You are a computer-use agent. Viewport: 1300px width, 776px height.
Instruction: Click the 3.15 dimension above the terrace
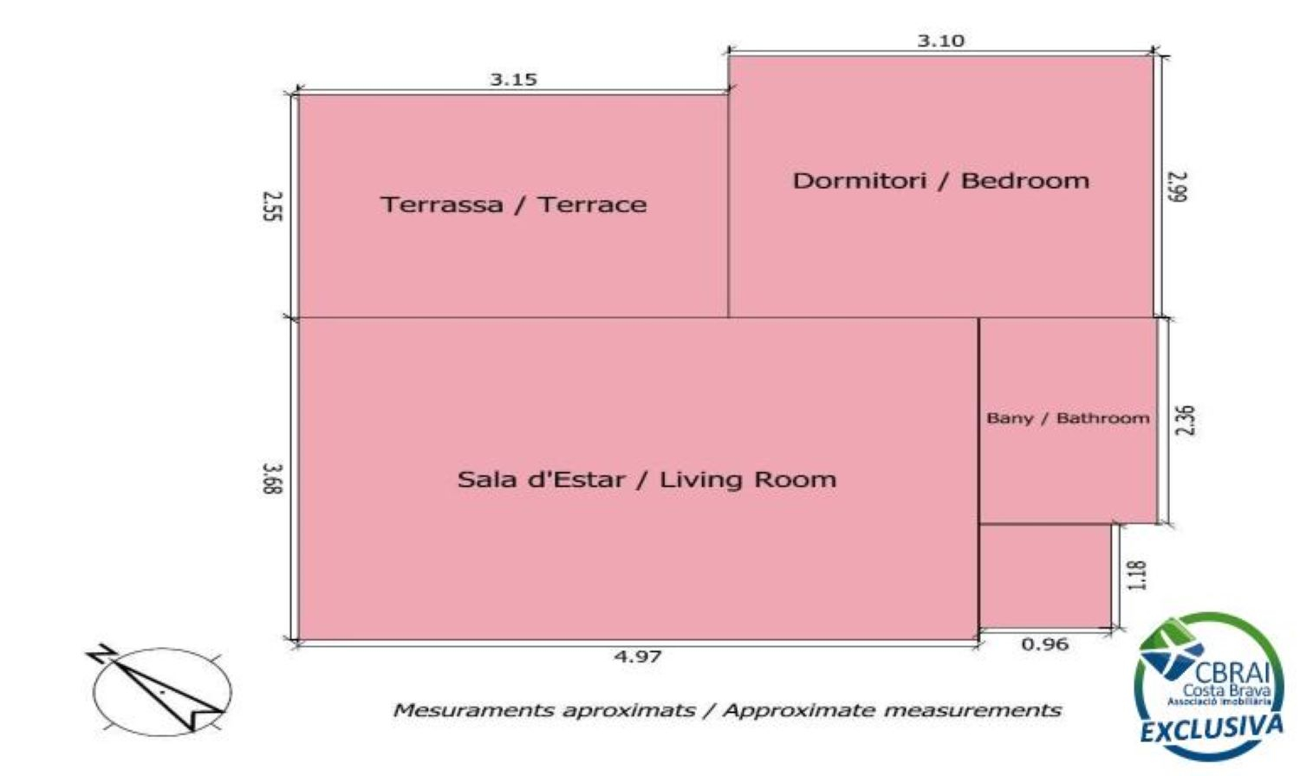[x=514, y=79]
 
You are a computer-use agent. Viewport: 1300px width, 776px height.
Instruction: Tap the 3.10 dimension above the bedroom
[x=940, y=41]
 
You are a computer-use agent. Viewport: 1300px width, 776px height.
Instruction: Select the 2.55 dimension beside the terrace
[x=272, y=206]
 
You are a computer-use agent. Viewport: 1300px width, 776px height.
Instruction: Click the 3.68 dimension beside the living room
[x=272, y=478]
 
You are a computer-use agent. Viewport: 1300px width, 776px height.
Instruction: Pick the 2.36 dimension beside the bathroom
[x=1185, y=420]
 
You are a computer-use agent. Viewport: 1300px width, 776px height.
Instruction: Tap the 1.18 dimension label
[x=1137, y=575]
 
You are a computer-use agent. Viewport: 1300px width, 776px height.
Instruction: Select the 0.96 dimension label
[x=1044, y=644]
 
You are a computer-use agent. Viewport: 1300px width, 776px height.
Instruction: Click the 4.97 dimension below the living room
[x=638, y=656]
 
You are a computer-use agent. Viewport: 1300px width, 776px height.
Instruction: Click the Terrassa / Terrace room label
[x=514, y=204]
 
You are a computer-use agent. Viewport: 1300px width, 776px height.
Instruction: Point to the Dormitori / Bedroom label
[x=940, y=180]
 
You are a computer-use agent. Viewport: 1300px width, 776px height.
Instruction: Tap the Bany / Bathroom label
[x=1068, y=418]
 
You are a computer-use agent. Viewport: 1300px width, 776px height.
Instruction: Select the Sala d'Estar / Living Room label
[x=647, y=479]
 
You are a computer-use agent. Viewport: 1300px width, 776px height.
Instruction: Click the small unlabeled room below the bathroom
[x=1045, y=576]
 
